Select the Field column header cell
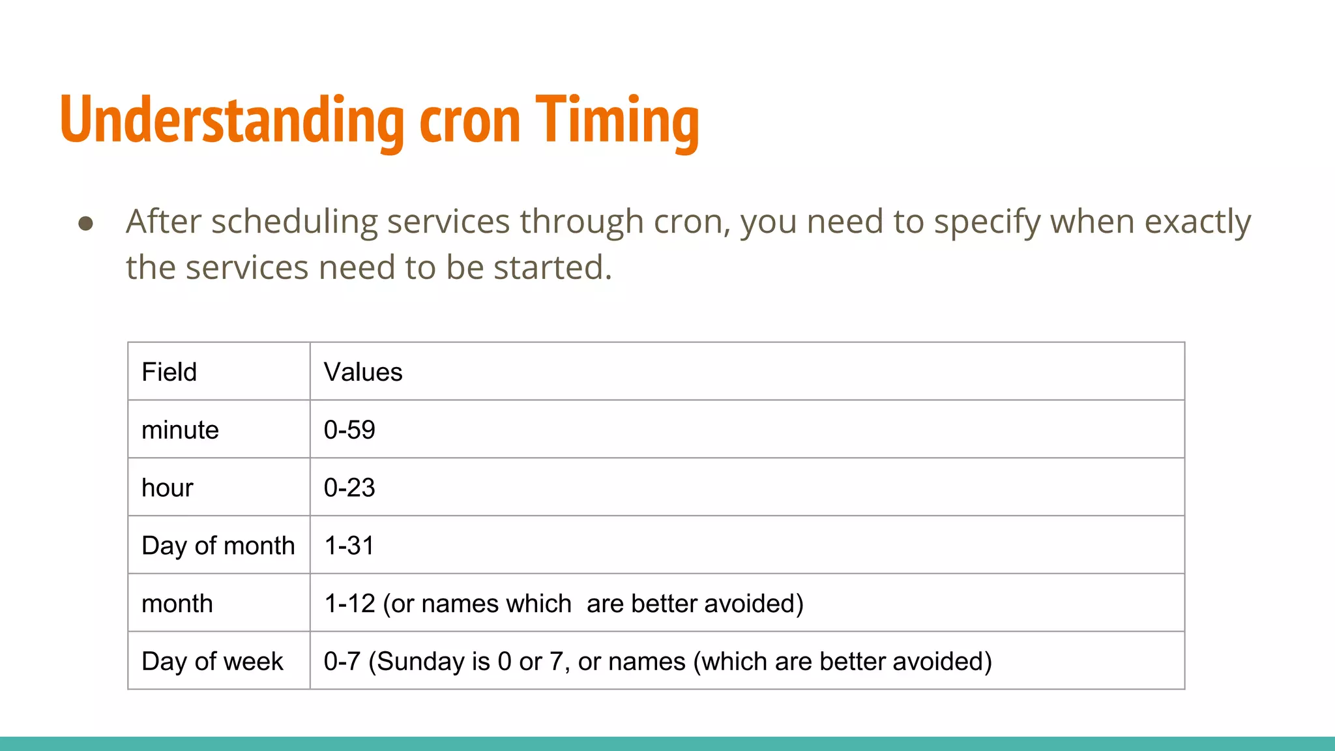point(169,372)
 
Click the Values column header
point(363,372)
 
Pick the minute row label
point(180,430)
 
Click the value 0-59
point(349,430)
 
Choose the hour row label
point(168,488)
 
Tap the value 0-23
point(349,488)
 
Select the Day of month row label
point(218,546)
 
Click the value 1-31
point(349,546)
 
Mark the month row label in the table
point(177,604)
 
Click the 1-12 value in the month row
point(350,604)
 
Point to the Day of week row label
point(213,662)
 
